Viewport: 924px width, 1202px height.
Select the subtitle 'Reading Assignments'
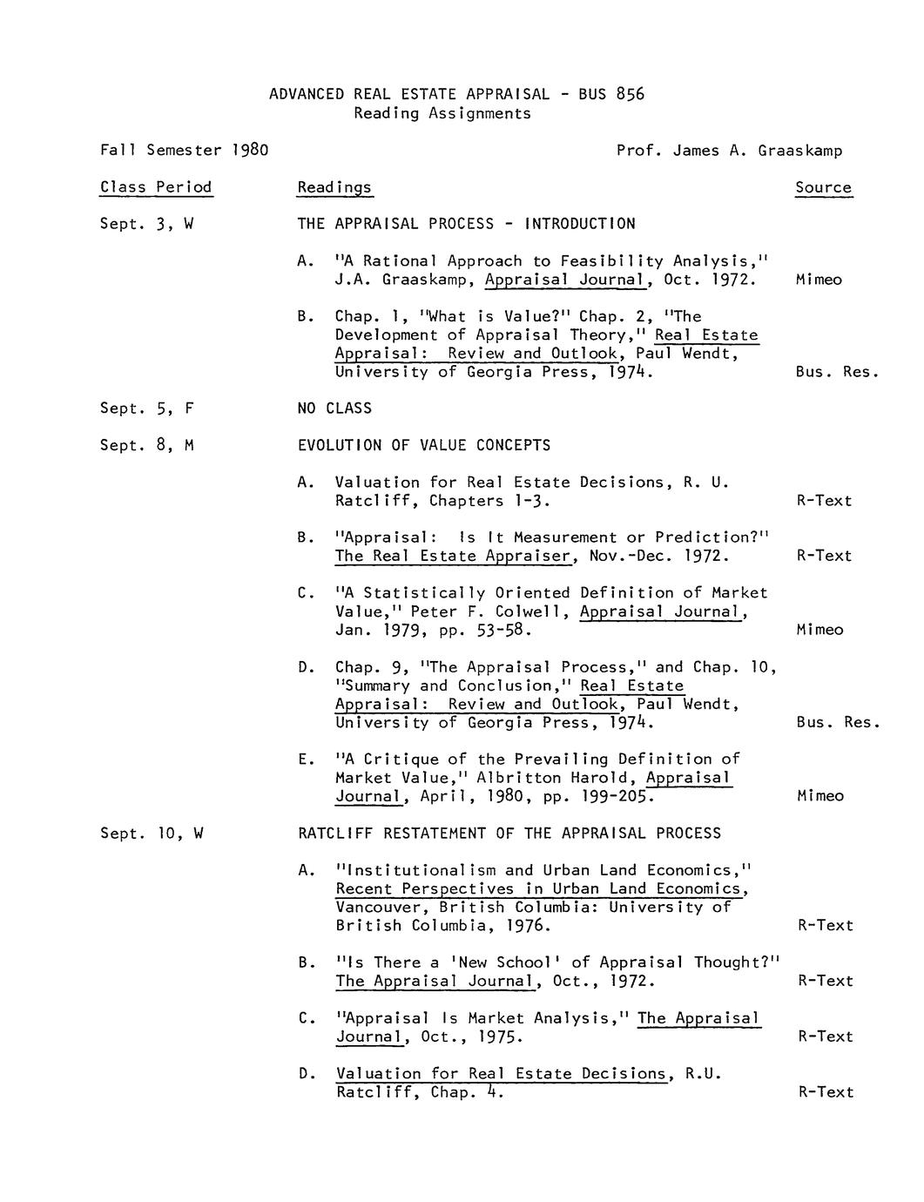coord(442,113)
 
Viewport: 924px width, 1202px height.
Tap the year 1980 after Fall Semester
coord(250,150)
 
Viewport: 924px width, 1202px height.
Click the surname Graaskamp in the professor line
coord(799,151)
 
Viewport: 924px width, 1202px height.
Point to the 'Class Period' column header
coord(156,187)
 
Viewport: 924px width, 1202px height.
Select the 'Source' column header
coord(823,187)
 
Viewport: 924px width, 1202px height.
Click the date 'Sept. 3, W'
coord(146,224)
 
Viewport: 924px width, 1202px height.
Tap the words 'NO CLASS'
coord(334,409)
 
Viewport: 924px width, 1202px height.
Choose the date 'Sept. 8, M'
coord(146,445)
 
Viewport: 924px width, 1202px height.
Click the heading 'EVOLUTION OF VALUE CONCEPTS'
coord(424,445)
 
